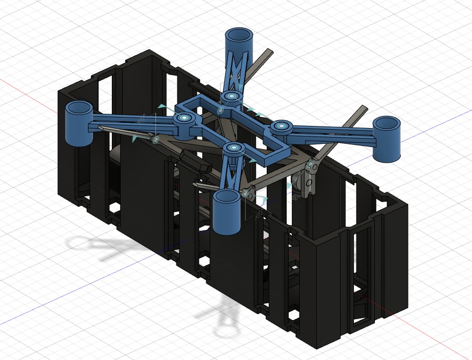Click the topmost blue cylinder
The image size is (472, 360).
[239, 40]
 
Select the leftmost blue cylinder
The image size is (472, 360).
[79, 123]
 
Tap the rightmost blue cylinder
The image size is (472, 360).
[387, 139]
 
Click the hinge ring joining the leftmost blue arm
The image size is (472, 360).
[184, 118]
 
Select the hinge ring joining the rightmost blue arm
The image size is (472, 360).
[281, 126]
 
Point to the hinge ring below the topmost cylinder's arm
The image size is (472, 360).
[230, 97]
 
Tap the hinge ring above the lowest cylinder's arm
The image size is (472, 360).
[233, 149]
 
